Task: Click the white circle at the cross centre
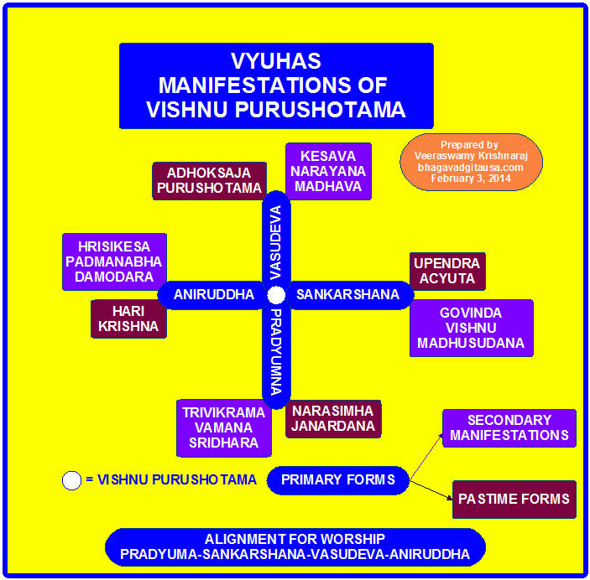click(x=277, y=295)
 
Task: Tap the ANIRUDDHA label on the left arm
click(x=214, y=295)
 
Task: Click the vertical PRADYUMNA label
click(x=277, y=352)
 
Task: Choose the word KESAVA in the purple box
click(x=328, y=156)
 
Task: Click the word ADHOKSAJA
click(x=209, y=173)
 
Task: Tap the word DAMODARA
click(x=115, y=277)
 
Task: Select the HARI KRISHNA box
click(x=128, y=318)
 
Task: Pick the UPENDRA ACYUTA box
click(x=446, y=271)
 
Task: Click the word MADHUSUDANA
click(x=471, y=344)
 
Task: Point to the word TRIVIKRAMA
click(x=223, y=412)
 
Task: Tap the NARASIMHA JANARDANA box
click(x=334, y=418)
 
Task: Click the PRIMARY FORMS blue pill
click(x=337, y=480)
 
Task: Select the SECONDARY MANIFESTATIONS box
click(x=509, y=427)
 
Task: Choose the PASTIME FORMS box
click(x=514, y=499)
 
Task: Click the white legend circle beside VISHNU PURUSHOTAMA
click(x=72, y=480)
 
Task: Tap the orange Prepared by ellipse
click(x=471, y=162)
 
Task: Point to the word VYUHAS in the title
click(x=276, y=62)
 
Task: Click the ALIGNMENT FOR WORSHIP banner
click(x=295, y=546)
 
